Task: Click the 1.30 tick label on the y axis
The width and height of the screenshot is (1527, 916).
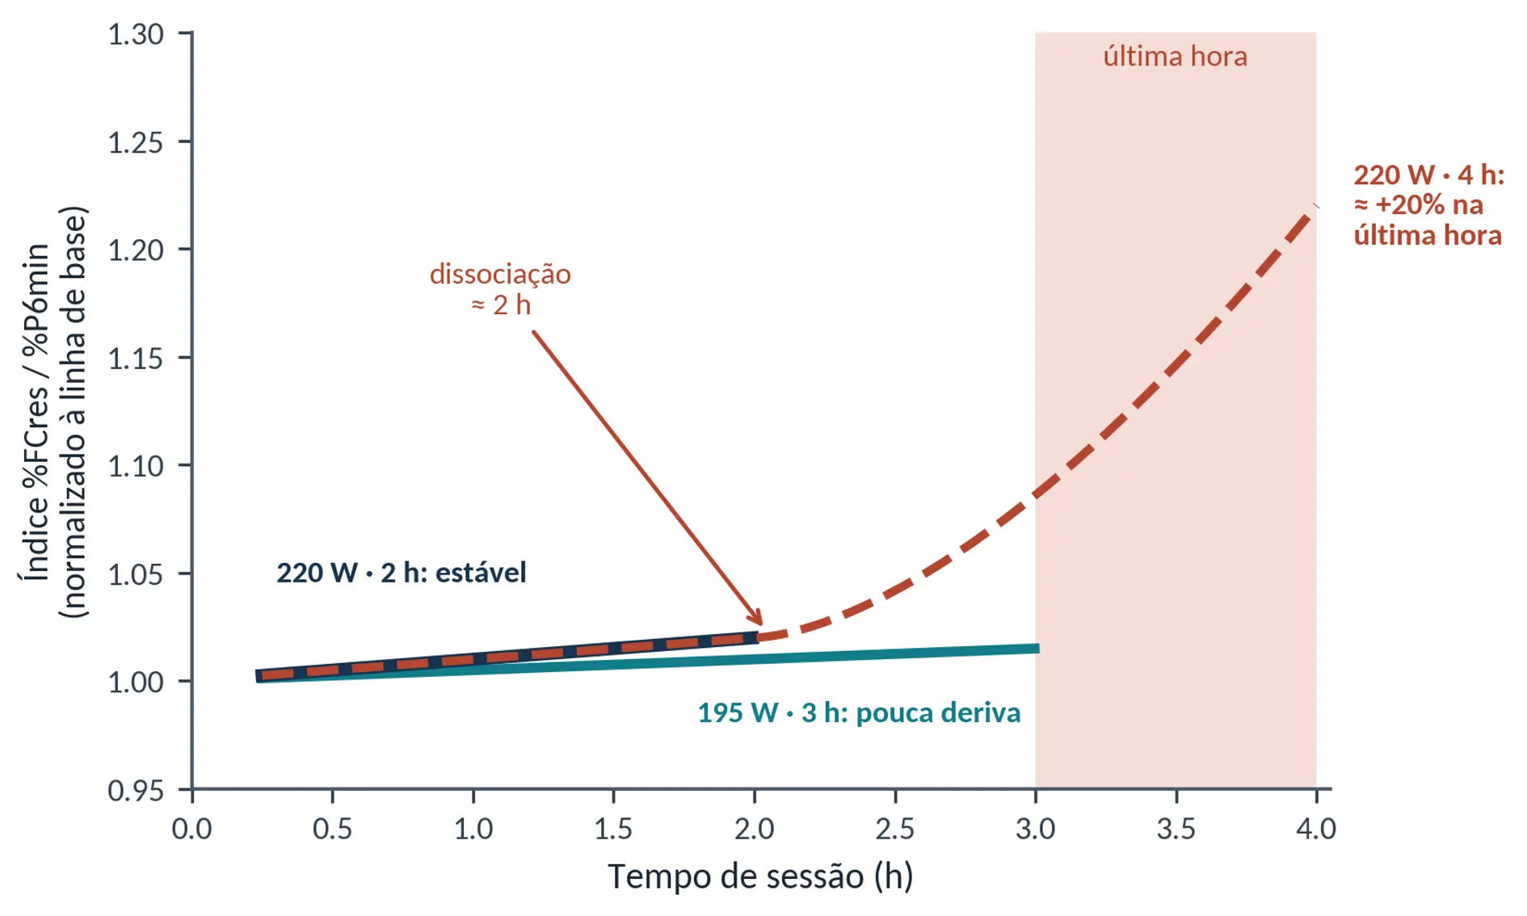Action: [136, 35]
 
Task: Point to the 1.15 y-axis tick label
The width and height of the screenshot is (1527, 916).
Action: [136, 358]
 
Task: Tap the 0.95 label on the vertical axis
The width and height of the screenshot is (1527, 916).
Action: [136, 790]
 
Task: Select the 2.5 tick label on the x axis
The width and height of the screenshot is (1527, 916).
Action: [895, 829]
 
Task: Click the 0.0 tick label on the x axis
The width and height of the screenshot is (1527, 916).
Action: [192, 829]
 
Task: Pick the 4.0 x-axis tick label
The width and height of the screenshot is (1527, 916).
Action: [1316, 829]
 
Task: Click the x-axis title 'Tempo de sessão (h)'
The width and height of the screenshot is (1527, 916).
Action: [760, 876]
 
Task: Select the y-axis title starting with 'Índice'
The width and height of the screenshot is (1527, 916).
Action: [53, 412]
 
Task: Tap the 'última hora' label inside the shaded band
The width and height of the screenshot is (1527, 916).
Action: [1176, 57]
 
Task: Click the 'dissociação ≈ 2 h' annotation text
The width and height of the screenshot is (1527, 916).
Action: [501, 289]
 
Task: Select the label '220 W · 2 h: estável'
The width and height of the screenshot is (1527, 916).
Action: [402, 573]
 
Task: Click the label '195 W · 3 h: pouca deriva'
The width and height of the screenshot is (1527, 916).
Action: [860, 712]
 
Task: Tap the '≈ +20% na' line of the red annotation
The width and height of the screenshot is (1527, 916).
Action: [1419, 205]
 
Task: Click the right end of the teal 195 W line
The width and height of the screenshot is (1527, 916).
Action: [1038, 648]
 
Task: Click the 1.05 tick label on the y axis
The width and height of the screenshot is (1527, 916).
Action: [136, 574]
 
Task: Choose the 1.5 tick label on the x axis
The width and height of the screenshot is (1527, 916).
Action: [613, 829]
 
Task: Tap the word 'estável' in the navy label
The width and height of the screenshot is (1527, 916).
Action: [481, 573]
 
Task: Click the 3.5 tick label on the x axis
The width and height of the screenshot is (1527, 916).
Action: [1176, 829]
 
